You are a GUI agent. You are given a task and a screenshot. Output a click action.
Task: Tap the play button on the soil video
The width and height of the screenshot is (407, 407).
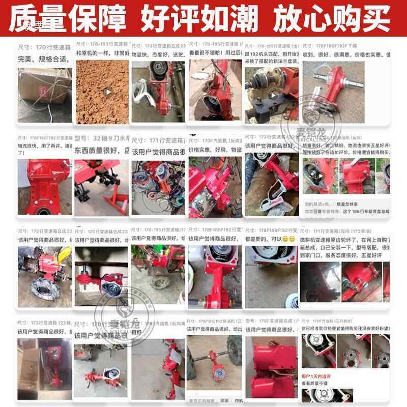(x=107, y=92)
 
